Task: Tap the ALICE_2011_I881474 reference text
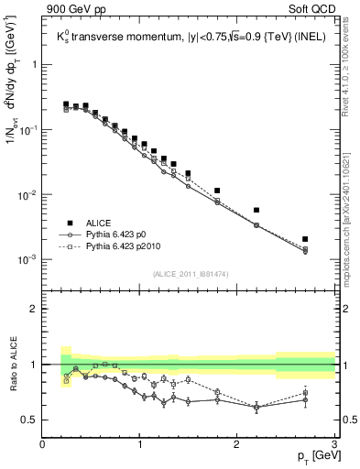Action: pyautogui.click(x=189, y=274)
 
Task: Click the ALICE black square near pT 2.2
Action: pyautogui.click(x=256, y=210)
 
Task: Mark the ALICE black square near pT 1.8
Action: pyautogui.click(x=217, y=191)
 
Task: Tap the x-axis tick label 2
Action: pyautogui.click(x=237, y=444)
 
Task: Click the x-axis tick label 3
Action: pyautogui.click(x=334, y=444)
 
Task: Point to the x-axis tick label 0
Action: pyautogui.click(x=42, y=444)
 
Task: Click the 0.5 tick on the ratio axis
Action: pyautogui.click(x=31, y=420)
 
